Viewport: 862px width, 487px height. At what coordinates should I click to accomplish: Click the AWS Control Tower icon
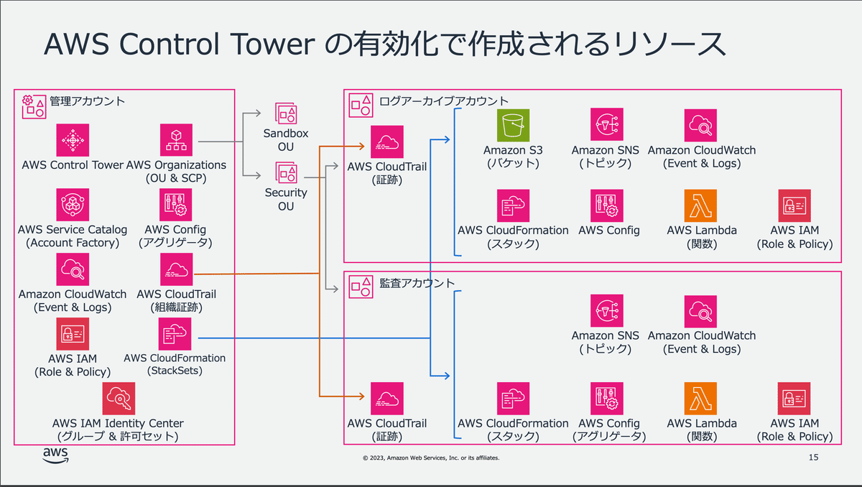(73, 140)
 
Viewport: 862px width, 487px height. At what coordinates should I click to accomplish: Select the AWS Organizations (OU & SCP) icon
(176, 140)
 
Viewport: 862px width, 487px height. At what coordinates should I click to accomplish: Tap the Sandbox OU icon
(286, 113)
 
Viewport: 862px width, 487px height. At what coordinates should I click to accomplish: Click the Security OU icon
(286, 172)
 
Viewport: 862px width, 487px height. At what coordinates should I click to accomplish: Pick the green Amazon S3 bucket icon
(513, 125)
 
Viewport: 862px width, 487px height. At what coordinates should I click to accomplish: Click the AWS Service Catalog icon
(73, 205)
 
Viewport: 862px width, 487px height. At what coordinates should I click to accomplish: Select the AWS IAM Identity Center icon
(119, 399)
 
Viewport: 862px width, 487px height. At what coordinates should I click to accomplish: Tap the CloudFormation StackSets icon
(175, 334)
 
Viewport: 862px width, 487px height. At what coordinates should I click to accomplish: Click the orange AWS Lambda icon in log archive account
(700, 205)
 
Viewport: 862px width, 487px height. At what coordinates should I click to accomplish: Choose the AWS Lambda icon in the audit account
(700, 399)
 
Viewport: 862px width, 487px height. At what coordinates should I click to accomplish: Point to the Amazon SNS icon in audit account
(606, 311)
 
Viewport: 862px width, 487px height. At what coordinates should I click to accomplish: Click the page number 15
(813, 458)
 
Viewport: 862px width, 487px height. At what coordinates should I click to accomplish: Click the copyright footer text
(431, 458)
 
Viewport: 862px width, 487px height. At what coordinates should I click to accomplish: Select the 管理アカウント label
(87, 101)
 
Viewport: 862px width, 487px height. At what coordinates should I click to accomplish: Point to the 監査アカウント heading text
(417, 283)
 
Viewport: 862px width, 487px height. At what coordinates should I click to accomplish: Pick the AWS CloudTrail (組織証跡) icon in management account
(176, 269)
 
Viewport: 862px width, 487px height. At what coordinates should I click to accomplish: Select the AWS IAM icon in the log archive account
(794, 205)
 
